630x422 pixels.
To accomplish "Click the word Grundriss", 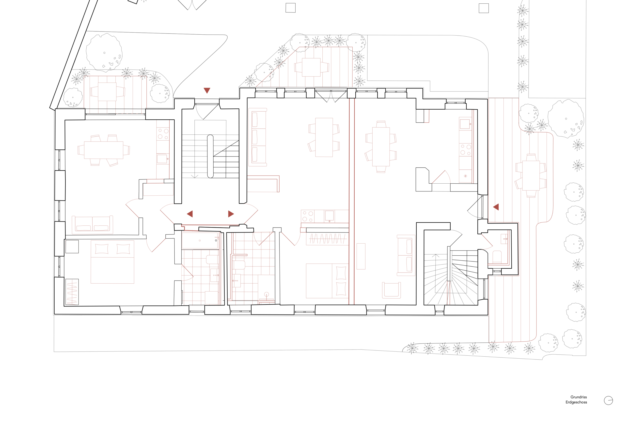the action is click(579, 397).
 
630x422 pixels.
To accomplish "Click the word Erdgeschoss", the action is click(576, 402).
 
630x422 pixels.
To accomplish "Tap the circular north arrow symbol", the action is click(608, 400).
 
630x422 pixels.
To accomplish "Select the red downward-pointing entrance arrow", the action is click(207, 90).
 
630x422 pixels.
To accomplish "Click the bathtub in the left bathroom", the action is click(200, 240).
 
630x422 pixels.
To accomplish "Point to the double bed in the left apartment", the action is click(112, 262).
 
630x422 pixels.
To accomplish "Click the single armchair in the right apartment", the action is click(391, 290).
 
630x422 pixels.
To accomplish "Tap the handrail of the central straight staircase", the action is click(210, 156).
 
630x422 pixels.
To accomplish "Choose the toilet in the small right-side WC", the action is click(497, 257).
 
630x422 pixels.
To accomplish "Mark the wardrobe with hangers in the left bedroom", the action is click(72, 292).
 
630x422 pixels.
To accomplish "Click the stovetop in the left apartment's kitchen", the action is click(163, 133).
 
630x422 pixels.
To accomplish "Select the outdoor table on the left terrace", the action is click(107, 91).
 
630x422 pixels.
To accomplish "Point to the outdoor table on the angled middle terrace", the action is click(311, 67).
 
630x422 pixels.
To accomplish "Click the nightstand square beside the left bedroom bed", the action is click(72, 247).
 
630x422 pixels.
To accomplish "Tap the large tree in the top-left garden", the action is click(104, 53).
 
